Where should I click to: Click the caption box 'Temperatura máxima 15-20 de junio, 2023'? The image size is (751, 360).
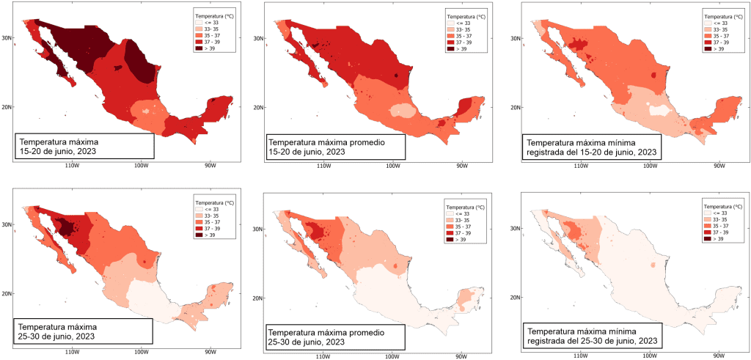click(84, 146)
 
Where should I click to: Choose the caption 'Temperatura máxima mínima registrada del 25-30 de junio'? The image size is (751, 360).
click(591, 334)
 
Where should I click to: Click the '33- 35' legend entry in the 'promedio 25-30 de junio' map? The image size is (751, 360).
click(451, 221)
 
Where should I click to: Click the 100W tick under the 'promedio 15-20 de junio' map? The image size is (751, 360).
click(392, 166)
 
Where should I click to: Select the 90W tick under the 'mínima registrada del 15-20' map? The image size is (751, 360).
click(717, 166)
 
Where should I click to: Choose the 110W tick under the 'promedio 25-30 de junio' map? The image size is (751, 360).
click(320, 357)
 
